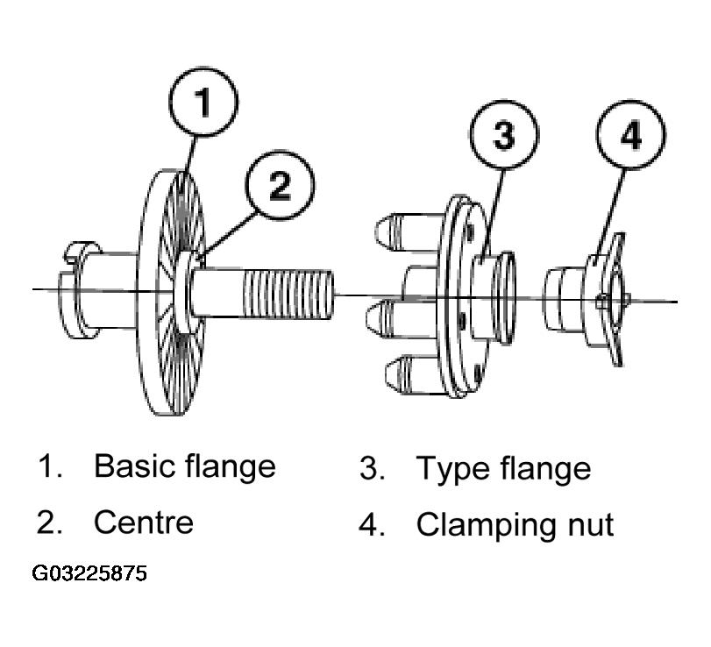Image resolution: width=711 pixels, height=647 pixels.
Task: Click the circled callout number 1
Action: pos(203,102)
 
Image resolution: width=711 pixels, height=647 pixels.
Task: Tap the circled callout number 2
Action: pos(280,185)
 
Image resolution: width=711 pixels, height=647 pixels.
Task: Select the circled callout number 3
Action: pos(504,135)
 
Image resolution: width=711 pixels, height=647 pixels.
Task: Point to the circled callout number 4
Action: pos(630,135)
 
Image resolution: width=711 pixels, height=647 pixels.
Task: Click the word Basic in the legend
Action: pos(134,466)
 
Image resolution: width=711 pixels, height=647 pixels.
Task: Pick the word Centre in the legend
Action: pos(144,523)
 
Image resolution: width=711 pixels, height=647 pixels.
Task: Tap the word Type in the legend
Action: pos(454,470)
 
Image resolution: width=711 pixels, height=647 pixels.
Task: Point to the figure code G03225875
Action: pos(89,573)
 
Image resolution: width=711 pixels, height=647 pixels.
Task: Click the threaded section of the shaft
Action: pos(288,294)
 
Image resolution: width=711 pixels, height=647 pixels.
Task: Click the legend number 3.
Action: pos(372,468)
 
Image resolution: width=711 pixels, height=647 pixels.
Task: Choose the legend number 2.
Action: pos(49,523)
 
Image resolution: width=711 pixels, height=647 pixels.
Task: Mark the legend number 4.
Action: pos(372,525)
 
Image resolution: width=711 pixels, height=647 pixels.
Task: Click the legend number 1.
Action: pos(49,466)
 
